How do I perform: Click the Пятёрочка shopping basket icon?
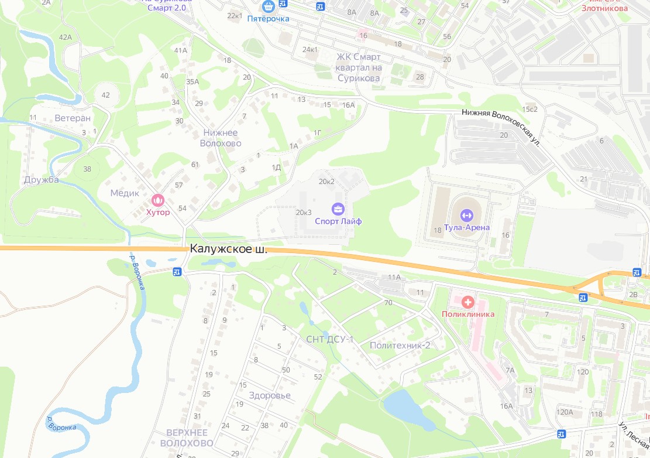click(269, 6)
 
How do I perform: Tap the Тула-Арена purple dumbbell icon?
click(466, 214)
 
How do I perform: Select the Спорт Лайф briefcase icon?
click(338, 209)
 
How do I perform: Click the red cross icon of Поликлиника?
click(467, 302)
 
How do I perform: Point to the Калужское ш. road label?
click(228, 249)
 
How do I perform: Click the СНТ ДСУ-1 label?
click(330, 339)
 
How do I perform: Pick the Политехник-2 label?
click(400, 346)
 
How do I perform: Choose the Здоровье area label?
click(269, 395)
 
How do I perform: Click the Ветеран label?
click(73, 118)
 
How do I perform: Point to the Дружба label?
click(42, 180)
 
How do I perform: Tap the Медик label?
click(125, 193)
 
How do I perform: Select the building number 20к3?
click(304, 212)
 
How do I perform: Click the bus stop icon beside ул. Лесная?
click(562, 434)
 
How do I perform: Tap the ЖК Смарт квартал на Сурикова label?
click(359, 67)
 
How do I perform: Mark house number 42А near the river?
click(65, 37)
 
